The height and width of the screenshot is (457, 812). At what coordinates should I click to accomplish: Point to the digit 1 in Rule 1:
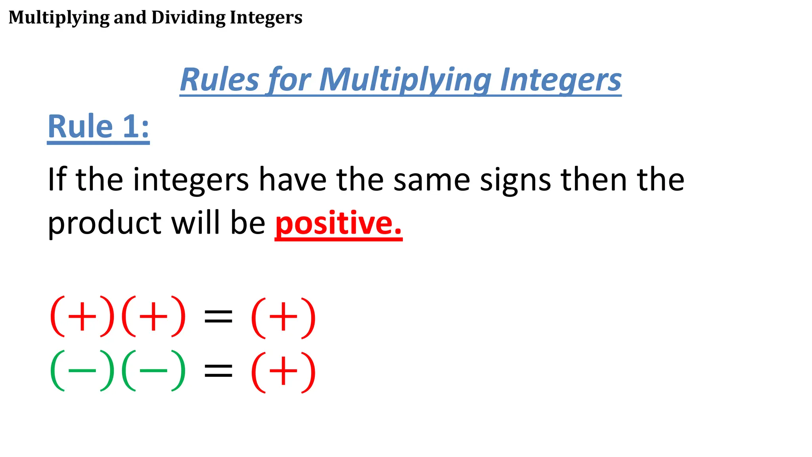(131, 127)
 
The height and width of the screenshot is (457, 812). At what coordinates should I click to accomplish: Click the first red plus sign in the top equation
(82, 317)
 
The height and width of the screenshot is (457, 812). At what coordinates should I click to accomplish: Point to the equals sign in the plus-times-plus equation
(218, 317)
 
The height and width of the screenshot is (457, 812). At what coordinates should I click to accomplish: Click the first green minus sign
(82, 371)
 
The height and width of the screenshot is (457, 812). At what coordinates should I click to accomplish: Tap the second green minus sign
(153, 371)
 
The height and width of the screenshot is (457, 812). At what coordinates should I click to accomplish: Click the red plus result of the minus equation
(283, 372)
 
